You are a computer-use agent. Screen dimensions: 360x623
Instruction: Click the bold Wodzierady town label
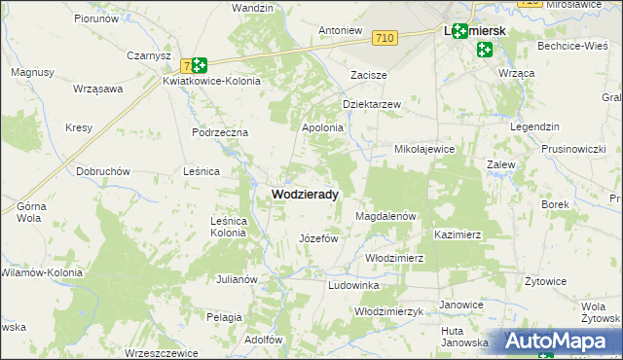click(x=305, y=195)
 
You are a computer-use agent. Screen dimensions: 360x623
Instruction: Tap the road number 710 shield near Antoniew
click(x=384, y=38)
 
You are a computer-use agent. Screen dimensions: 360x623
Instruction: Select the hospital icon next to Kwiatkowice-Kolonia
click(x=199, y=65)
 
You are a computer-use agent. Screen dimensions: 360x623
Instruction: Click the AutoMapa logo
click(x=562, y=341)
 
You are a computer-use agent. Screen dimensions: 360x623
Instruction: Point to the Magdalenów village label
click(x=386, y=216)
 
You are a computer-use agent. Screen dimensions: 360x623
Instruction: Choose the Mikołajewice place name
click(x=424, y=150)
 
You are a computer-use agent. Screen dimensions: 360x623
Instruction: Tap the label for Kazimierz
click(x=458, y=235)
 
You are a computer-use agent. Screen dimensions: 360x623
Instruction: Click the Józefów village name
click(x=317, y=238)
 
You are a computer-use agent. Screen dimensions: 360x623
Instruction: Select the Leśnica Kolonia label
click(x=228, y=227)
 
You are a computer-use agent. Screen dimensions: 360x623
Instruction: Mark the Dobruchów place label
click(x=103, y=171)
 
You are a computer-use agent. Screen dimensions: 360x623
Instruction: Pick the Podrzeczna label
click(x=221, y=132)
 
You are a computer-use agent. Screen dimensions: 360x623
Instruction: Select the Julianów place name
click(x=237, y=279)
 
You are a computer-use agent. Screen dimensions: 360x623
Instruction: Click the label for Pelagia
click(x=224, y=317)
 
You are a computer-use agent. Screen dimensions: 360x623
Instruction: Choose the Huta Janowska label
click(x=463, y=336)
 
